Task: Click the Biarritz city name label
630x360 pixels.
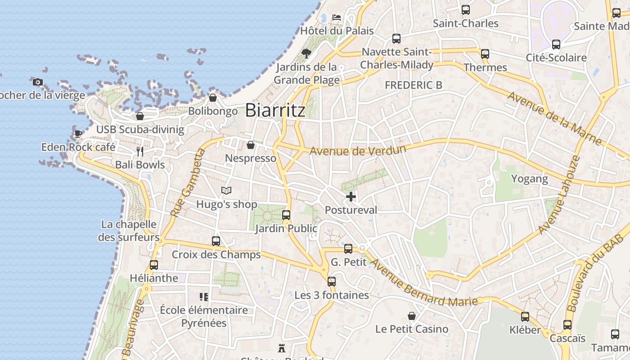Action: click(x=275, y=110)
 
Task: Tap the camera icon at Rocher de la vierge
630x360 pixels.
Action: click(x=38, y=82)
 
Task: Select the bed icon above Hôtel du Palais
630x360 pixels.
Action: click(x=337, y=18)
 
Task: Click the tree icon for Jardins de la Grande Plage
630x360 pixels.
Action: click(x=306, y=54)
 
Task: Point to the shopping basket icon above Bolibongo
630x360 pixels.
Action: click(x=213, y=98)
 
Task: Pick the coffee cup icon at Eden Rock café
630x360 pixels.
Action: click(x=78, y=133)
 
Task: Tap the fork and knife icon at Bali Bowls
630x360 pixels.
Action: click(x=140, y=152)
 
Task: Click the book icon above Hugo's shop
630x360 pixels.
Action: click(x=226, y=191)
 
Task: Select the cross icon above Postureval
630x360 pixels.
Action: click(x=351, y=197)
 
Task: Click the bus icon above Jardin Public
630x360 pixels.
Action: click(x=286, y=215)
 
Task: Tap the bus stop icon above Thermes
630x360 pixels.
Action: click(x=485, y=54)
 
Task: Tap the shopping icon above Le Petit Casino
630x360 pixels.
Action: click(x=411, y=316)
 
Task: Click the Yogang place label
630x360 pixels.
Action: click(x=530, y=179)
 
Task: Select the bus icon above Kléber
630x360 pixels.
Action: click(x=525, y=316)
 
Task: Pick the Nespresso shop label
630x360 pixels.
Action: click(x=251, y=158)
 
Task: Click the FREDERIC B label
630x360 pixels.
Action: click(x=414, y=85)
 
